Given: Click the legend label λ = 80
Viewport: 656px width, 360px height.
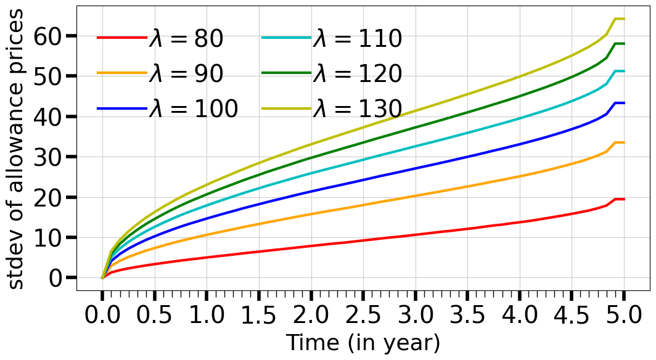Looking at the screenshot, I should click(186, 39).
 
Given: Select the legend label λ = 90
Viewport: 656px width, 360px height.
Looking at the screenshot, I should click(186, 74).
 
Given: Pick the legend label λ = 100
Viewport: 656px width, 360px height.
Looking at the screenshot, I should click(193, 108).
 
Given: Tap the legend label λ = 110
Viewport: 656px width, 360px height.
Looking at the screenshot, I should click(358, 39).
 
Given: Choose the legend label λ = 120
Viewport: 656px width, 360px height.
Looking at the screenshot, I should click(358, 74).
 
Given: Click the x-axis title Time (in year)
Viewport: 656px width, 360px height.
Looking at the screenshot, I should click(363, 343).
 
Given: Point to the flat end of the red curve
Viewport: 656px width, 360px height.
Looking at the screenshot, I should click(619, 199).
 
